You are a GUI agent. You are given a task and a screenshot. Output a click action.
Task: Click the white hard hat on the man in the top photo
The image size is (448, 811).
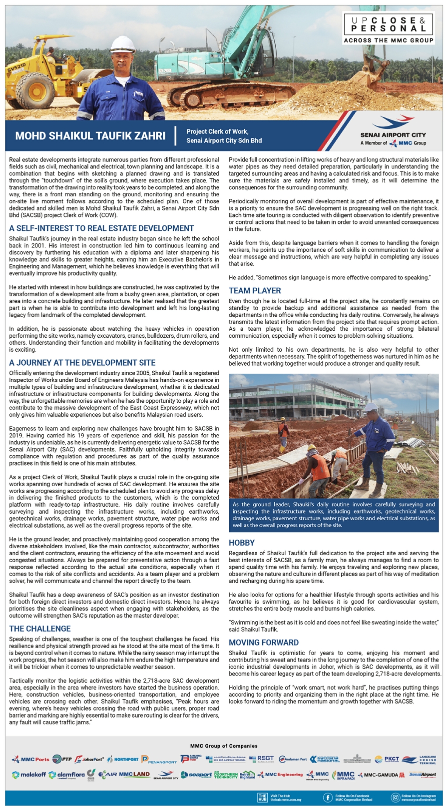pyautogui.click(x=122, y=44)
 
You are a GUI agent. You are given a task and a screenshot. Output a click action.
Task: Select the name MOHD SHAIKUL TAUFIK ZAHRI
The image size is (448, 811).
pyautogui.click(x=90, y=136)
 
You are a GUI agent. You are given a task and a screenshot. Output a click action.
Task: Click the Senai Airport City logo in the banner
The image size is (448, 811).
pyautogui.click(x=393, y=131)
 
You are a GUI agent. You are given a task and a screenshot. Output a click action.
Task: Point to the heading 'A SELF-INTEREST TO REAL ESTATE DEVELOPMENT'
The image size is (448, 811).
pyautogui.click(x=101, y=228)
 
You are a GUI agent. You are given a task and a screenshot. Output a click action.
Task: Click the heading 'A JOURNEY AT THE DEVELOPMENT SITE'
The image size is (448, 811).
pyautogui.click(x=82, y=363)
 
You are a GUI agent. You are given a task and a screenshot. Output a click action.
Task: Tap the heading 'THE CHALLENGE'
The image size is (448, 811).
pyautogui.click(x=40, y=628)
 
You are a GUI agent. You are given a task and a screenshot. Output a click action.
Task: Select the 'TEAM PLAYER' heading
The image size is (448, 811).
pyautogui.click(x=255, y=290)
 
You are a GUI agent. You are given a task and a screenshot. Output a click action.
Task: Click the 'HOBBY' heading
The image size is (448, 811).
pyautogui.click(x=241, y=543)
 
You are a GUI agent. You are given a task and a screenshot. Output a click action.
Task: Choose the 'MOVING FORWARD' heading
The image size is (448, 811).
pyautogui.click(x=263, y=642)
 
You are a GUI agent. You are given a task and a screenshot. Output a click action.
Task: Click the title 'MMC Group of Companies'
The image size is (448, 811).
pyautogui.click(x=224, y=746)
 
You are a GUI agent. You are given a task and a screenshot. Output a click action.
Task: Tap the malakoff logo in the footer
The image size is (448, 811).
pyautogui.click(x=29, y=775)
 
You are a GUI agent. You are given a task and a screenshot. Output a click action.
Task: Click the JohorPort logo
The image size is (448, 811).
pyautogui.click(x=89, y=759)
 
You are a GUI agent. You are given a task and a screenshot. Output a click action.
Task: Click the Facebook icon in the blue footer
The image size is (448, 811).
pyautogui.click(x=327, y=797)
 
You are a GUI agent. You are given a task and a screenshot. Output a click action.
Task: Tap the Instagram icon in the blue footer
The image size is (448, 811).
pyautogui.click(x=395, y=797)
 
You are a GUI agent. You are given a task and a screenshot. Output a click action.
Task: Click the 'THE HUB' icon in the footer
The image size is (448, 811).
pyautogui.click(x=262, y=797)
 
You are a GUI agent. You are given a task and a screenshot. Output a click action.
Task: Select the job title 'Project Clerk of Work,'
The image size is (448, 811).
pyautogui.click(x=217, y=131)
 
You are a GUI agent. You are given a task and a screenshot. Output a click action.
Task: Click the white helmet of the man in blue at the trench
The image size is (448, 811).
pyautogui.click(x=371, y=407)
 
